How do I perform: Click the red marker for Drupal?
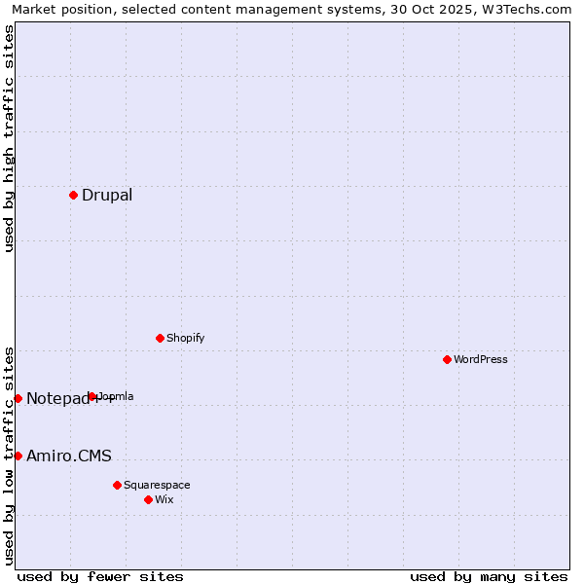[x=73, y=195]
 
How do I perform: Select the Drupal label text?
[x=107, y=196]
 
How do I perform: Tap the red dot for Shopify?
[x=160, y=338]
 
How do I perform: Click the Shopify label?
[x=185, y=339]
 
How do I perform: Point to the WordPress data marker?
[x=447, y=359]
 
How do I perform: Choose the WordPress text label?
[x=481, y=360]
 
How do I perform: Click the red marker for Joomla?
[x=92, y=396]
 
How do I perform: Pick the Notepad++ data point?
[x=18, y=398]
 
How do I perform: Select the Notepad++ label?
[x=58, y=399]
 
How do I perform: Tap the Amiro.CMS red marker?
[x=18, y=456]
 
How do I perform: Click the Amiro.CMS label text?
[x=69, y=456]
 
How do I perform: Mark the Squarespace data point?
[x=117, y=485]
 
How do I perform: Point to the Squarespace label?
[x=157, y=486]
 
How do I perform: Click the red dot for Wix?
[x=148, y=499]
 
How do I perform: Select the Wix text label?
[x=164, y=500]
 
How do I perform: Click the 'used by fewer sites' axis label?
[x=100, y=576]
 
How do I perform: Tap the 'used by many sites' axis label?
[x=489, y=576]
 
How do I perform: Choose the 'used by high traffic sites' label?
[x=9, y=138]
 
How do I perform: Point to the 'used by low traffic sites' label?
[x=9, y=456]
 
